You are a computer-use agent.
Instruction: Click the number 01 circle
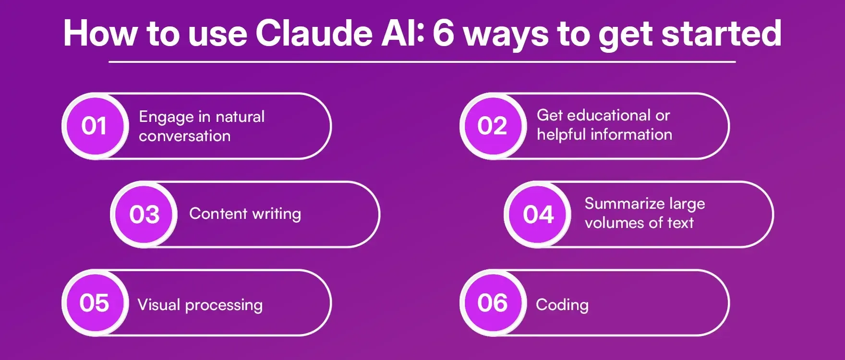coord(95,126)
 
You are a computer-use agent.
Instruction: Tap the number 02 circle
coord(492,126)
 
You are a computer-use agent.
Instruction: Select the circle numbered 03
coord(144,214)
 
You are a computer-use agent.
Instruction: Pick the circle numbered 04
coord(538,214)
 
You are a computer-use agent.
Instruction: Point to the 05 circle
coord(95,303)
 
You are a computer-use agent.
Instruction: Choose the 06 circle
coord(492,303)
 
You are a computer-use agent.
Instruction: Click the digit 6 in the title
coord(443,34)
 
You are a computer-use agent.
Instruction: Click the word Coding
coord(562,305)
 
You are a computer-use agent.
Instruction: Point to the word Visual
coord(158,304)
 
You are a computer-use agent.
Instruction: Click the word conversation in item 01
coord(185,136)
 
